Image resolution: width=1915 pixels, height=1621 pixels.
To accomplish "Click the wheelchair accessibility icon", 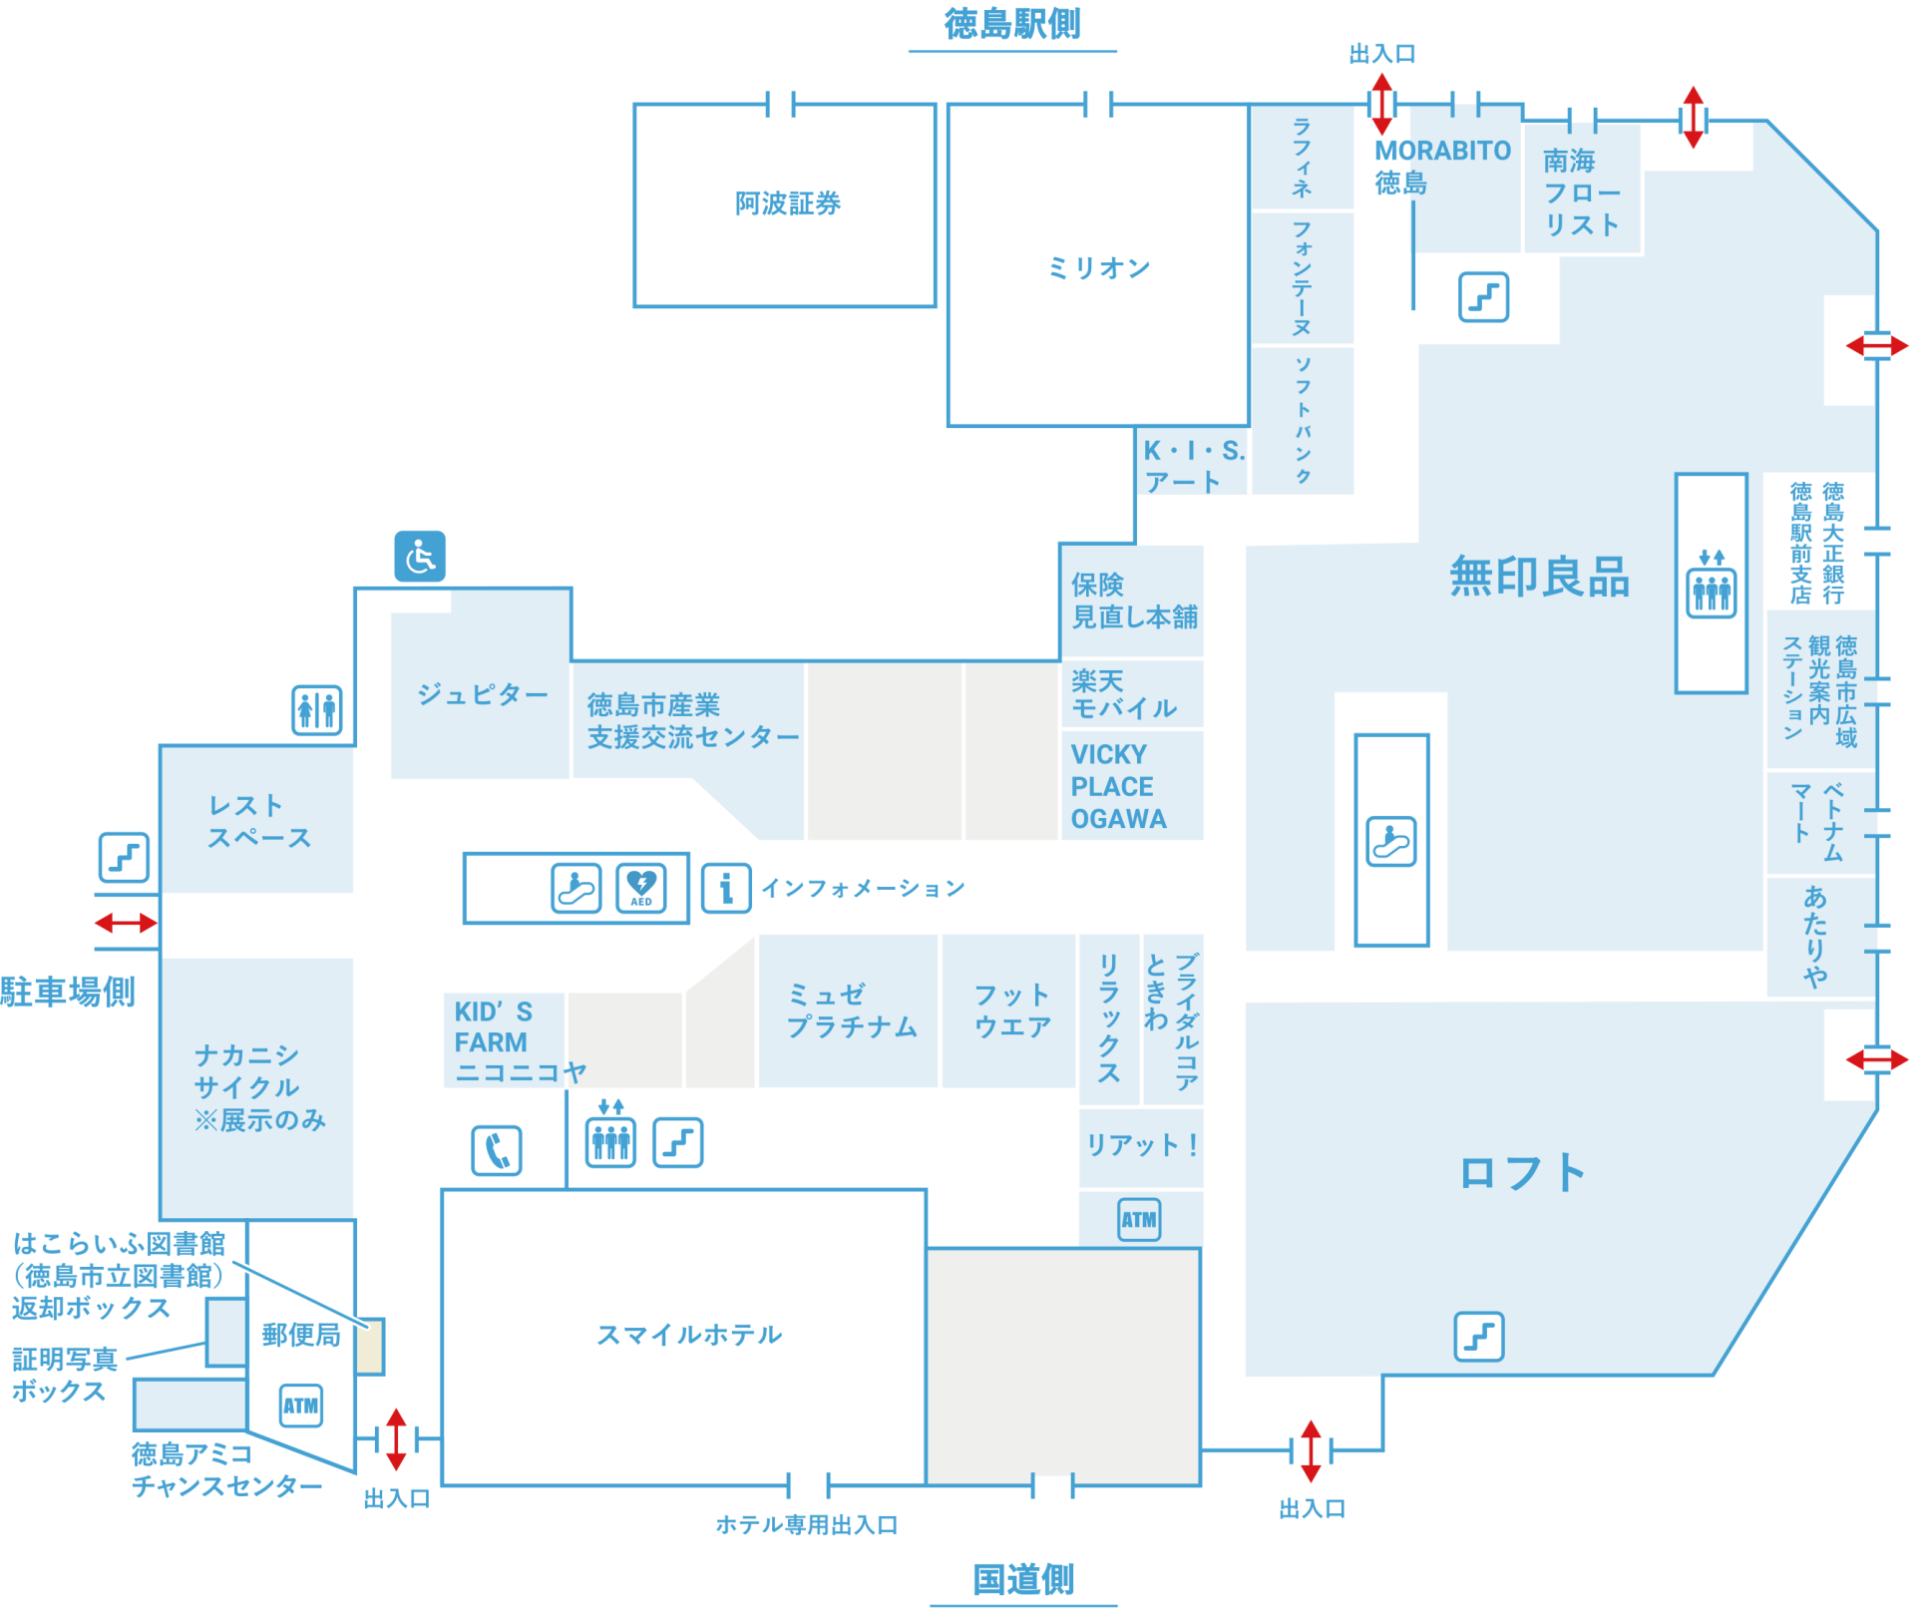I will point(420,556).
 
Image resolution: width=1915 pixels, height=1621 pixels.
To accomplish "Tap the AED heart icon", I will point(640,886).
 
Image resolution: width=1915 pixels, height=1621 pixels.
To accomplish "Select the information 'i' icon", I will point(726,887).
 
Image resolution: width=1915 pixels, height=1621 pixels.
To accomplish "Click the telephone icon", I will point(497,1150).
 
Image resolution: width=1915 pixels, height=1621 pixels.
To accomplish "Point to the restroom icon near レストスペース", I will point(317,710).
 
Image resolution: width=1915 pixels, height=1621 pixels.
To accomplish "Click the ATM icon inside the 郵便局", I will point(301,1406).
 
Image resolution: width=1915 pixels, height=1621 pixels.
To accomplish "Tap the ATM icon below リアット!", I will point(1139,1219).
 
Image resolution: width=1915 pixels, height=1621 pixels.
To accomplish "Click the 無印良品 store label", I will point(1539,577).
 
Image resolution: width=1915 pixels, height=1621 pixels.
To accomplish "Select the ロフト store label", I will point(1523,1173).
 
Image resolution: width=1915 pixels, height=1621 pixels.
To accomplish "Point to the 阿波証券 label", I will point(788,203).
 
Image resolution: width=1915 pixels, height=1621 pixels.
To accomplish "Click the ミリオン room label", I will point(1098,267).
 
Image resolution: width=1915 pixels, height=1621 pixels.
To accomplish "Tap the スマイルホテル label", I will point(689,1335).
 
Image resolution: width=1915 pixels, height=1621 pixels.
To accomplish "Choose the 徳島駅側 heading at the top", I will point(1012,24).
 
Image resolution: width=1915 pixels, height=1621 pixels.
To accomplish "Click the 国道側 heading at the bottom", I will point(1023,1580).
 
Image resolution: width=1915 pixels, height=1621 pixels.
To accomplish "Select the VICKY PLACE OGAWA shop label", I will point(1118,787).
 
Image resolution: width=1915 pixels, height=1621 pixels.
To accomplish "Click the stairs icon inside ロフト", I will point(1479,1336).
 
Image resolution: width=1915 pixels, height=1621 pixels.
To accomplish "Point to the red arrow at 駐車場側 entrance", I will point(126,923).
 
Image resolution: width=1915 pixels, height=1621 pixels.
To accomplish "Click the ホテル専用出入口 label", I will point(807,1524).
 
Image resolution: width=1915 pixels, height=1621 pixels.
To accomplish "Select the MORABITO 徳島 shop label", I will point(1441,167).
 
